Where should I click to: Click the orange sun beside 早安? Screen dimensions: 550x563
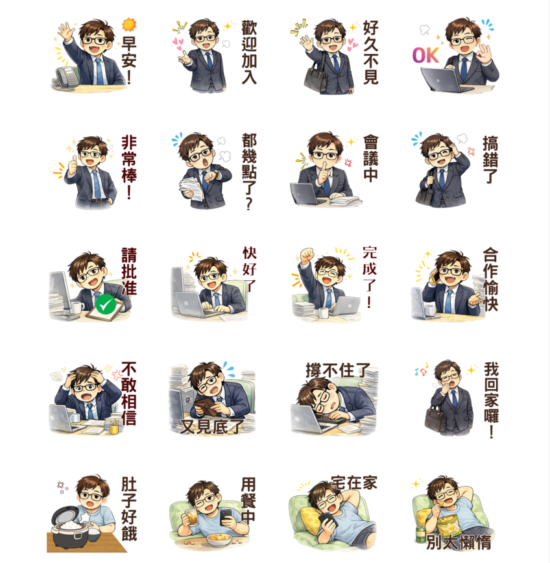coord(129,25)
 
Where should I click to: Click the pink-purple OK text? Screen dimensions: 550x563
coord(425,56)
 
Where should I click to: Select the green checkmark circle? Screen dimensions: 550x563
coord(106,304)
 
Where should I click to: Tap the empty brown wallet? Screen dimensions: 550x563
coord(206,407)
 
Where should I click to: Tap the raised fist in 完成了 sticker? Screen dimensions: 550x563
coord(307,256)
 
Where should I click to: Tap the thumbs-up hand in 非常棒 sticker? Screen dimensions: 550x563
coord(73,166)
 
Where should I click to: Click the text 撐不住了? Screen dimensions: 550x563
coord(338,370)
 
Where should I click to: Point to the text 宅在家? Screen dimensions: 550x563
coord(354,483)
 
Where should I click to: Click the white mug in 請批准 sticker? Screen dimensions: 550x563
coord(77,307)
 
